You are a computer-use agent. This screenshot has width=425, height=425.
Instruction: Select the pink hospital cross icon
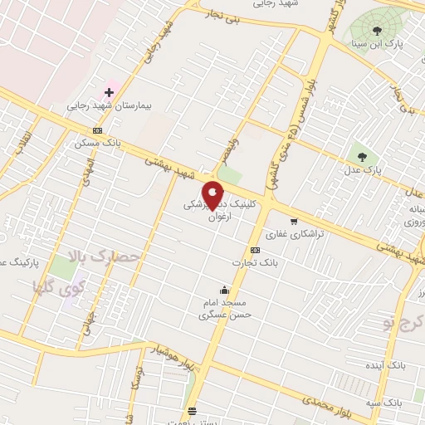pyautogui.click(x=109, y=92)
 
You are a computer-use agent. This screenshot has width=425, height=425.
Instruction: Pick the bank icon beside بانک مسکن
pyautogui.click(x=98, y=130)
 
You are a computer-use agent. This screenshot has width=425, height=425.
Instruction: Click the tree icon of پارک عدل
pyautogui.click(x=361, y=155)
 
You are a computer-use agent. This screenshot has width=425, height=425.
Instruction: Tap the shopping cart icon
pyautogui.click(x=293, y=222)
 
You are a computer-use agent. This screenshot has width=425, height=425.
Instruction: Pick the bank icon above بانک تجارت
pyautogui.click(x=254, y=250)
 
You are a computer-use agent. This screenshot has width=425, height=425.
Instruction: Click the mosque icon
pyautogui.click(x=224, y=291)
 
